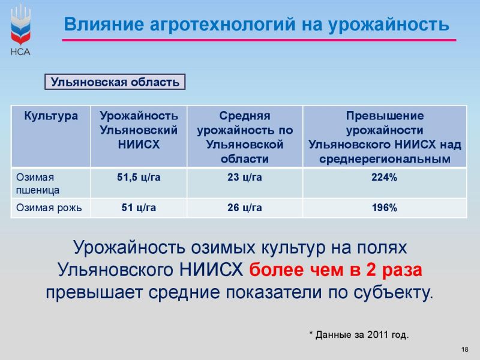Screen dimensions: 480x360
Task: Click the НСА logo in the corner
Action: (x=20, y=31)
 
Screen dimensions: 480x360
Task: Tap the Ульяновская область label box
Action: (x=115, y=82)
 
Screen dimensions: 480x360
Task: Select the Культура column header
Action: (x=51, y=116)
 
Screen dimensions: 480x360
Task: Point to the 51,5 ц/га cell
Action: (x=139, y=177)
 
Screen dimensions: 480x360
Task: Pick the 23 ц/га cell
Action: (x=245, y=177)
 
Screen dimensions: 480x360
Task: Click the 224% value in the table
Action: (x=384, y=177)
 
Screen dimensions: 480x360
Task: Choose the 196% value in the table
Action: (x=385, y=208)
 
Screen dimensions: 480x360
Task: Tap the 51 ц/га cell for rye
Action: (x=139, y=208)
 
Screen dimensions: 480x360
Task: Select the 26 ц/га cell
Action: (x=245, y=208)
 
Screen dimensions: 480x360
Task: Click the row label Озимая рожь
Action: (x=49, y=208)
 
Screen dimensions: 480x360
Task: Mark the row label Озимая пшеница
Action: (x=38, y=184)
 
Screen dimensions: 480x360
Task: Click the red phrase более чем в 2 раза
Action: (x=335, y=269)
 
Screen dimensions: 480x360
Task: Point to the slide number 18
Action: (x=464, y=349)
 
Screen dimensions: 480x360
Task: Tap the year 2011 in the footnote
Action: (x=378, y=335)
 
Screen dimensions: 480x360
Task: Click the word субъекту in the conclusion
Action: (x=394, y=293)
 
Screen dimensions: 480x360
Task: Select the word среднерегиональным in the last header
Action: (x=385, y=159)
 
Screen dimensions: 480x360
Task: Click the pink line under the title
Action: (x=259, y=40)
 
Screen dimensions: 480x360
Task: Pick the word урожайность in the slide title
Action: (x=389, y=25)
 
